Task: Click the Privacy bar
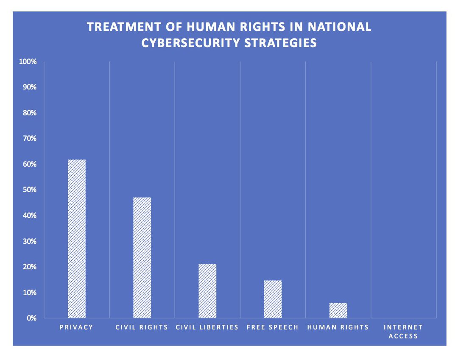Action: [77, 239]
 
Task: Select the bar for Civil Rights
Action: [142, 257]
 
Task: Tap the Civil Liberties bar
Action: [207, 291]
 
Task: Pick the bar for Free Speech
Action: [273, 299]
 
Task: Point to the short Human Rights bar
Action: [338, 310]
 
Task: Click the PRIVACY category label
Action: [77, 327]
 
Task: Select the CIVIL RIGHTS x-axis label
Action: [142, 327]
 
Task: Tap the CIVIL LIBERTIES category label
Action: [207, 327]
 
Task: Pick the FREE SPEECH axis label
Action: [273, 327]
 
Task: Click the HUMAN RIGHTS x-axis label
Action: [338, 327]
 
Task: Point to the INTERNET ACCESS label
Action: [403, 332]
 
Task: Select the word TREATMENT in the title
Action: [119, 27]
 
